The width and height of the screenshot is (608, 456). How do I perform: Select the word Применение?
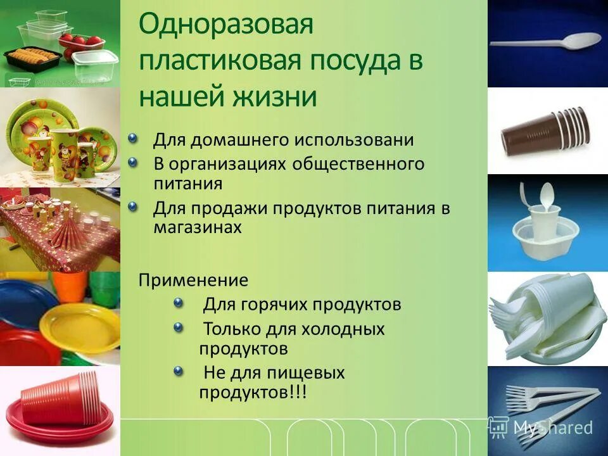[194, 280]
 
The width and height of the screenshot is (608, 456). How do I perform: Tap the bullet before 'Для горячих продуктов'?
[179, 303]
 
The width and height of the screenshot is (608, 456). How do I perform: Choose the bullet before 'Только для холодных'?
[179, 327]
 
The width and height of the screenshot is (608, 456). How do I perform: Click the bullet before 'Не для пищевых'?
[179, 370]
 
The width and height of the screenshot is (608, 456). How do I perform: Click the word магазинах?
[198, 227]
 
